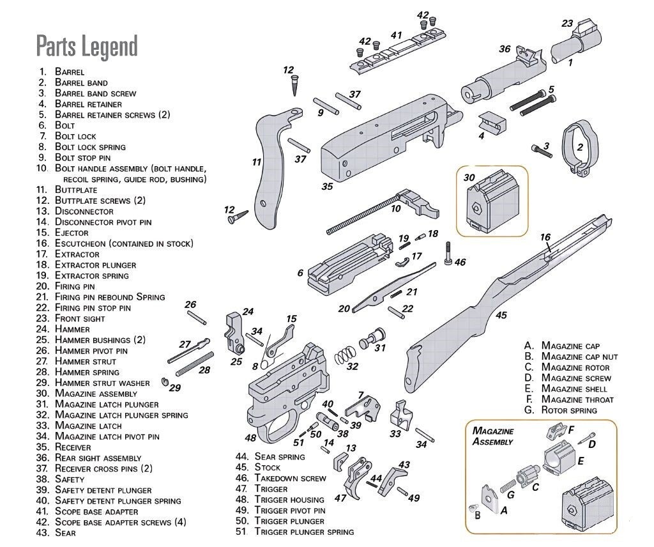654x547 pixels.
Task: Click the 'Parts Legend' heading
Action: (87, 47)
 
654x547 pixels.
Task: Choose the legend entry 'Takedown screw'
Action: (290, 478)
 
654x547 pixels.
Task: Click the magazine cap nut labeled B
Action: (474, 507)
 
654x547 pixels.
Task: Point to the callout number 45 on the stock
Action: (501, 315)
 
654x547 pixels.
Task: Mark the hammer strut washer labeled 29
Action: (164, 382)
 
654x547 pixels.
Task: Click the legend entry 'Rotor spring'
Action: (568, 410)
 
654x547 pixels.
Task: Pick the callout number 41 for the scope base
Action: (396, 36)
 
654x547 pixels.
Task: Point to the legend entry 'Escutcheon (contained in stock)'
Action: (123, 243)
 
